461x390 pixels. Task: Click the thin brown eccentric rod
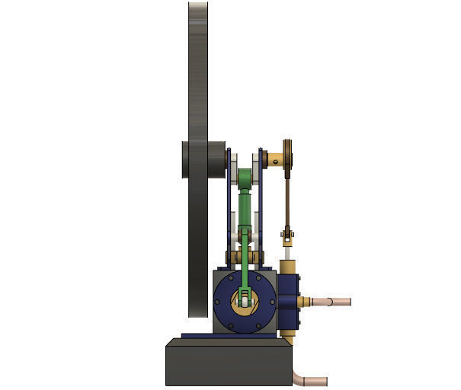288,198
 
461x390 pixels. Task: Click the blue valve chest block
289,301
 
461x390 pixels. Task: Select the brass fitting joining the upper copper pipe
306,302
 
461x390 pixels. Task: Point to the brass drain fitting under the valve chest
289,333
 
